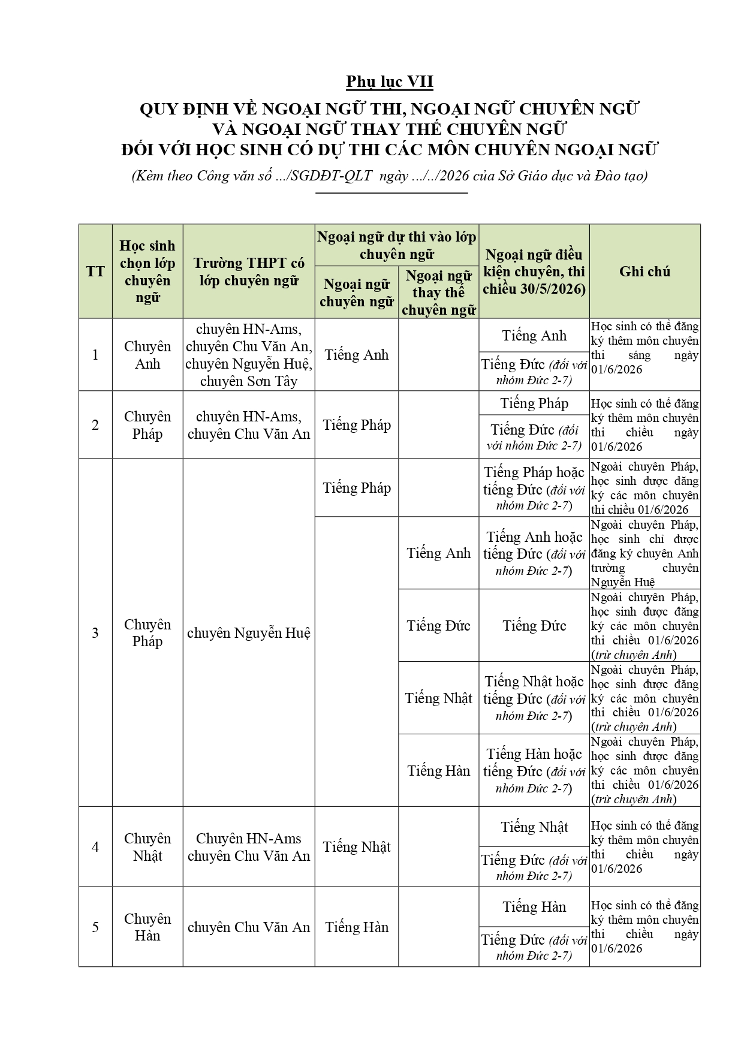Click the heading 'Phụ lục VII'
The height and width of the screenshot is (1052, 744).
click(x=389, y=82)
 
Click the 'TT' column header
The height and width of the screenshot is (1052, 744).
click(x=95, y=272)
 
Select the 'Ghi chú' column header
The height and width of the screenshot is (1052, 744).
click(x=644, y=272)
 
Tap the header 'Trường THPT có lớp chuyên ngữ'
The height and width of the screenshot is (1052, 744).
click(x=249, y=272)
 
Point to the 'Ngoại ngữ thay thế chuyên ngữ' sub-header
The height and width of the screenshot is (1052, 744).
click(x=438, y=293)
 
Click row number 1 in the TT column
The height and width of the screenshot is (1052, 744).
click(x=95, y=355)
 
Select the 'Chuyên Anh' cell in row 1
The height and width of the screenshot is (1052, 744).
click(x=147, y=355)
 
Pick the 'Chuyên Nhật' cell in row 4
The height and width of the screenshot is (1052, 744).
click(x=147, y=847)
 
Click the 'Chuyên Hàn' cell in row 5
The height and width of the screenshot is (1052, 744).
click(x=147, y=927)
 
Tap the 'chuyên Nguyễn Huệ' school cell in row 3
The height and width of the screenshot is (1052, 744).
click(x=249, y=633)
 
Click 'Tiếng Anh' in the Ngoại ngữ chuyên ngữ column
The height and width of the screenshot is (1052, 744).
click(x=357, y=355)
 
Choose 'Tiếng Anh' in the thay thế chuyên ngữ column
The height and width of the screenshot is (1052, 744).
click(x=438, y=553)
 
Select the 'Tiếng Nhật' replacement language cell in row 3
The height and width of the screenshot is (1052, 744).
click(x=438, y=698)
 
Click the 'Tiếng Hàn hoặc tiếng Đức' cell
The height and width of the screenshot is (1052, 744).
click(x=534, y=770)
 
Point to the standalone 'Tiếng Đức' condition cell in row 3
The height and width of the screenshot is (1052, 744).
click(x=534, y=626)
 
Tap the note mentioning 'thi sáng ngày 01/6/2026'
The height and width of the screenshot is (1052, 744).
click(x=644, y=348)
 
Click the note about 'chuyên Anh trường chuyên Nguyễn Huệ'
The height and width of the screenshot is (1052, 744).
click(x=644, y=553)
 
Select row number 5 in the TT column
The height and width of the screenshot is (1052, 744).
click(x=95, y=927)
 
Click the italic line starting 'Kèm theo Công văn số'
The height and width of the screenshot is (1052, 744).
click(x=389, y=176)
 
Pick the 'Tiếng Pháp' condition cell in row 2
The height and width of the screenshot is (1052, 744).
click(x=534, y=403)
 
